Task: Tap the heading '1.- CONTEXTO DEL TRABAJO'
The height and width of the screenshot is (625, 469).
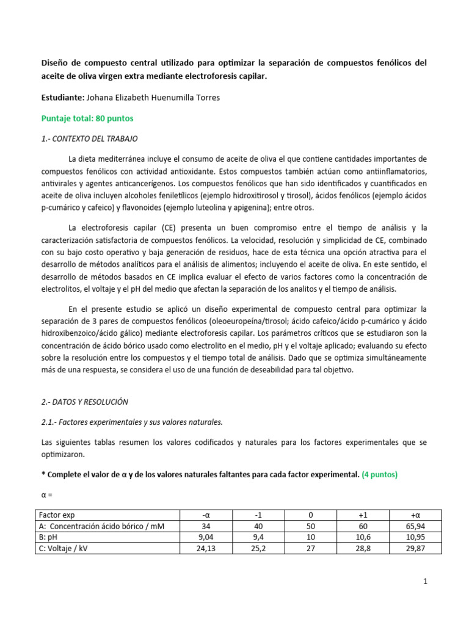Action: pyautogui.click(x=89, y=139)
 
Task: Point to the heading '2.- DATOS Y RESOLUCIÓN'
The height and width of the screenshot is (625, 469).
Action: pyautogui.click(x=84, y=402)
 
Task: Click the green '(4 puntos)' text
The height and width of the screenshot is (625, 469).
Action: pyautogui.click(x=379, y=474)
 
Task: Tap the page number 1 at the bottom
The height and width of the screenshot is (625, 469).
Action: pyautogui.click(x=425, y=582)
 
